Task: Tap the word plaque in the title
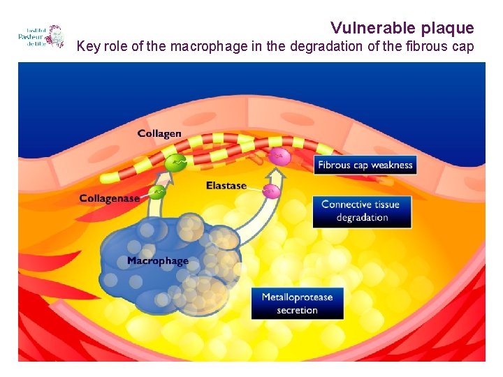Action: click(x=448, y=28)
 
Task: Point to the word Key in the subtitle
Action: click(x=88, y=47)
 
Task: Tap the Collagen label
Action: click(x=159, y=133)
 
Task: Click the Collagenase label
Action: click(x=109, y=198)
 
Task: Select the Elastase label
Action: click(x=226, y=185)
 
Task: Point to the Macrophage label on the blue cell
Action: click(x=158, y=261)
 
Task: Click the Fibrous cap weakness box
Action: click(x=365, y=165)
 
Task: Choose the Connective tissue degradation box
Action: click(x=361, y=211)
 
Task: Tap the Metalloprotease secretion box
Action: click(x=297, y=304)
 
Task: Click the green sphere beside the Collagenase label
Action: click(x=159, y=191)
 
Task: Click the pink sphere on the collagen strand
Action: click(x=280, y=157)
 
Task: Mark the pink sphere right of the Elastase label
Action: click(x=271, y=191)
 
